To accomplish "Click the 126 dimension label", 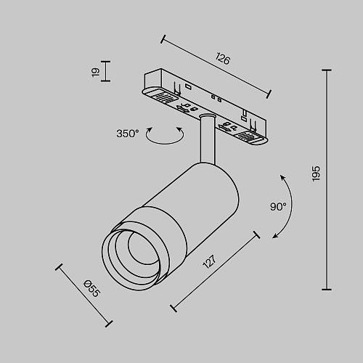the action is tap(223, 59).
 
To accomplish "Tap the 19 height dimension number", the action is tap(96, 72).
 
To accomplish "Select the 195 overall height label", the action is tap(316, 174).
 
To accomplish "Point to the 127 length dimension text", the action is tap(209, 261).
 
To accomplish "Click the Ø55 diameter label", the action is tap(91, 288).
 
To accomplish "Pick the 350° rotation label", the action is tap(128, 134).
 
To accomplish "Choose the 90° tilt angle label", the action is tap(278, 207).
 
